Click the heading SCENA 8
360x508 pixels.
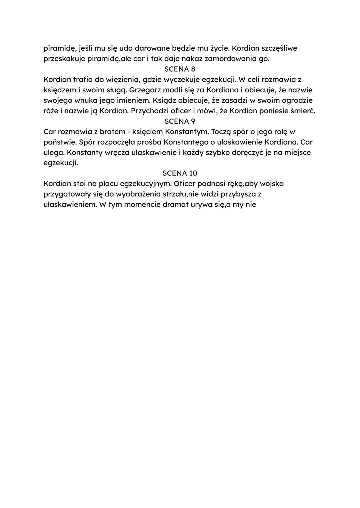180,69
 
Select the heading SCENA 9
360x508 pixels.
180,121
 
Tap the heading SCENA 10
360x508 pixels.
180,173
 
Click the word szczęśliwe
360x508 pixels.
279,48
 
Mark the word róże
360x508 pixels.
51,111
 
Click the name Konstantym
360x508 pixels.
186,132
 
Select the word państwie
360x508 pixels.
60,142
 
